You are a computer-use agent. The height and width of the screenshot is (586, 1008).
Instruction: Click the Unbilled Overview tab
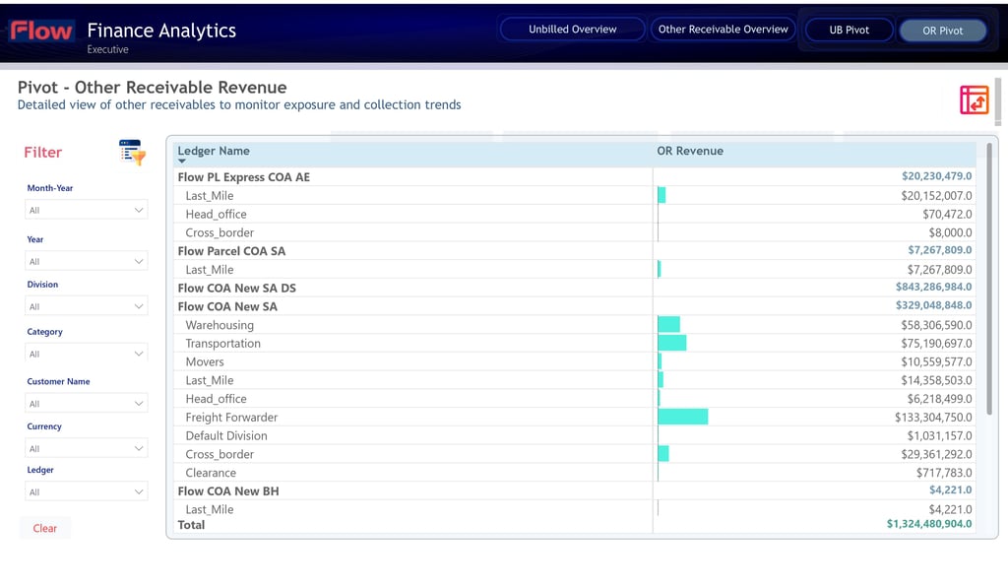[572, 30]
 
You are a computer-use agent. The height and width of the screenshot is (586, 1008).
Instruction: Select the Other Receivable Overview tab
[724, 30]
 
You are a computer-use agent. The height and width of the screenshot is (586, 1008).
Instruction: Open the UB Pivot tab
[849, 31]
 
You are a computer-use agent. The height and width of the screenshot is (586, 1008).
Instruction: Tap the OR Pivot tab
[942, 31]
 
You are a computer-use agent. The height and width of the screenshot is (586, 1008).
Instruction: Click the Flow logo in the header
[41, 31]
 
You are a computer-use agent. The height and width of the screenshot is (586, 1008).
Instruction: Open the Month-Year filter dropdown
[87, 210]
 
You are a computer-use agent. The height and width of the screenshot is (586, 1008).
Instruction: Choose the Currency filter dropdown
[87, 448]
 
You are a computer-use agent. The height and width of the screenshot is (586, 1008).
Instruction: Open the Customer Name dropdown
[87, 404]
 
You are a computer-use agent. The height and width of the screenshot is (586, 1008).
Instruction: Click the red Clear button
[45, 528]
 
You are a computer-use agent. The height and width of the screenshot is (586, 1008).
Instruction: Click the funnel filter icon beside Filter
[133, 153]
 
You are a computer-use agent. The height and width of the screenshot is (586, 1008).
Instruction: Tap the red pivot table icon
[974, 100]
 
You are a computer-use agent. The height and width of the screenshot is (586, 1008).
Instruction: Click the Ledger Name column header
[214, 151]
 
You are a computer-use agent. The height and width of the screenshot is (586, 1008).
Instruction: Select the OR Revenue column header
[690, 151]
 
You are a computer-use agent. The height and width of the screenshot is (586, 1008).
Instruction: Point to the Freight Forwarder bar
[683, 417]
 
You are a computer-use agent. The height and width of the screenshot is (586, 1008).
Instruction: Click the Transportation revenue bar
[671, 343]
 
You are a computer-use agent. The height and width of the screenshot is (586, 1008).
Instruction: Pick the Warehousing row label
[220, 325]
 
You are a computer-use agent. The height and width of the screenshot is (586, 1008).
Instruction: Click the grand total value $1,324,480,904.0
[929, 524]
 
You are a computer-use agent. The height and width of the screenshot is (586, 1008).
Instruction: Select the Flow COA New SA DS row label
[236, 289]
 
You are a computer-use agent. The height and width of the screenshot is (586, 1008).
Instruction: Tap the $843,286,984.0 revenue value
[933, 287]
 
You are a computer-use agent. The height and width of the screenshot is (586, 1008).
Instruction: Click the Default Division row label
[226, 435]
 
